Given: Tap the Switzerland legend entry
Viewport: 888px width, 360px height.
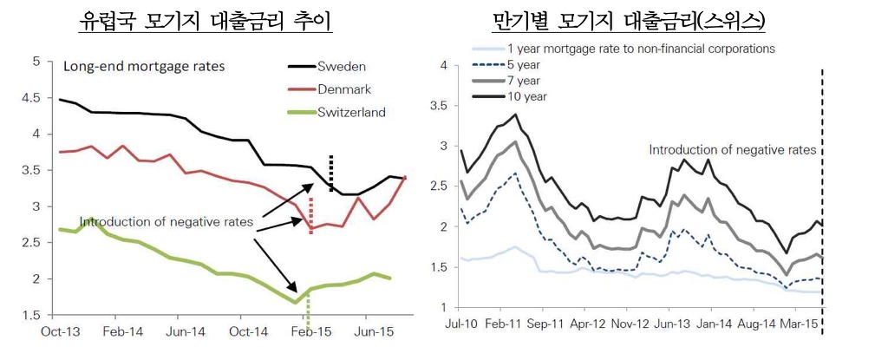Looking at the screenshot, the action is [336, 112].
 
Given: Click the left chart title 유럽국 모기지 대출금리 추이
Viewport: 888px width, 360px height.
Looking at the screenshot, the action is [205, 21].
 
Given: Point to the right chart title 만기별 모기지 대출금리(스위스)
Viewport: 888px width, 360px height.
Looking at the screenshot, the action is [630, 21].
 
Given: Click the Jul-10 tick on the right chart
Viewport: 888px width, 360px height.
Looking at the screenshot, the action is [460, 324].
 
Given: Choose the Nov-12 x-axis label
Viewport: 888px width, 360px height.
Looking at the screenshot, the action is [626, 324].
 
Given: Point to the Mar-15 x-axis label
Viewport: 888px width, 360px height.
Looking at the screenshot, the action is [794, 324].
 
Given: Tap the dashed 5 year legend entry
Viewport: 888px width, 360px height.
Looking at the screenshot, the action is [506, 65].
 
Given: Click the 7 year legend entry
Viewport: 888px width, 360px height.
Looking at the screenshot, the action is [506, 81].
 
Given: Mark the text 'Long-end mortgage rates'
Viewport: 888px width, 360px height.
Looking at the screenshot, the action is [144, 67].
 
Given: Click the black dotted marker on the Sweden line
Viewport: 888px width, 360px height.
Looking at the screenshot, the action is [331, 173].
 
